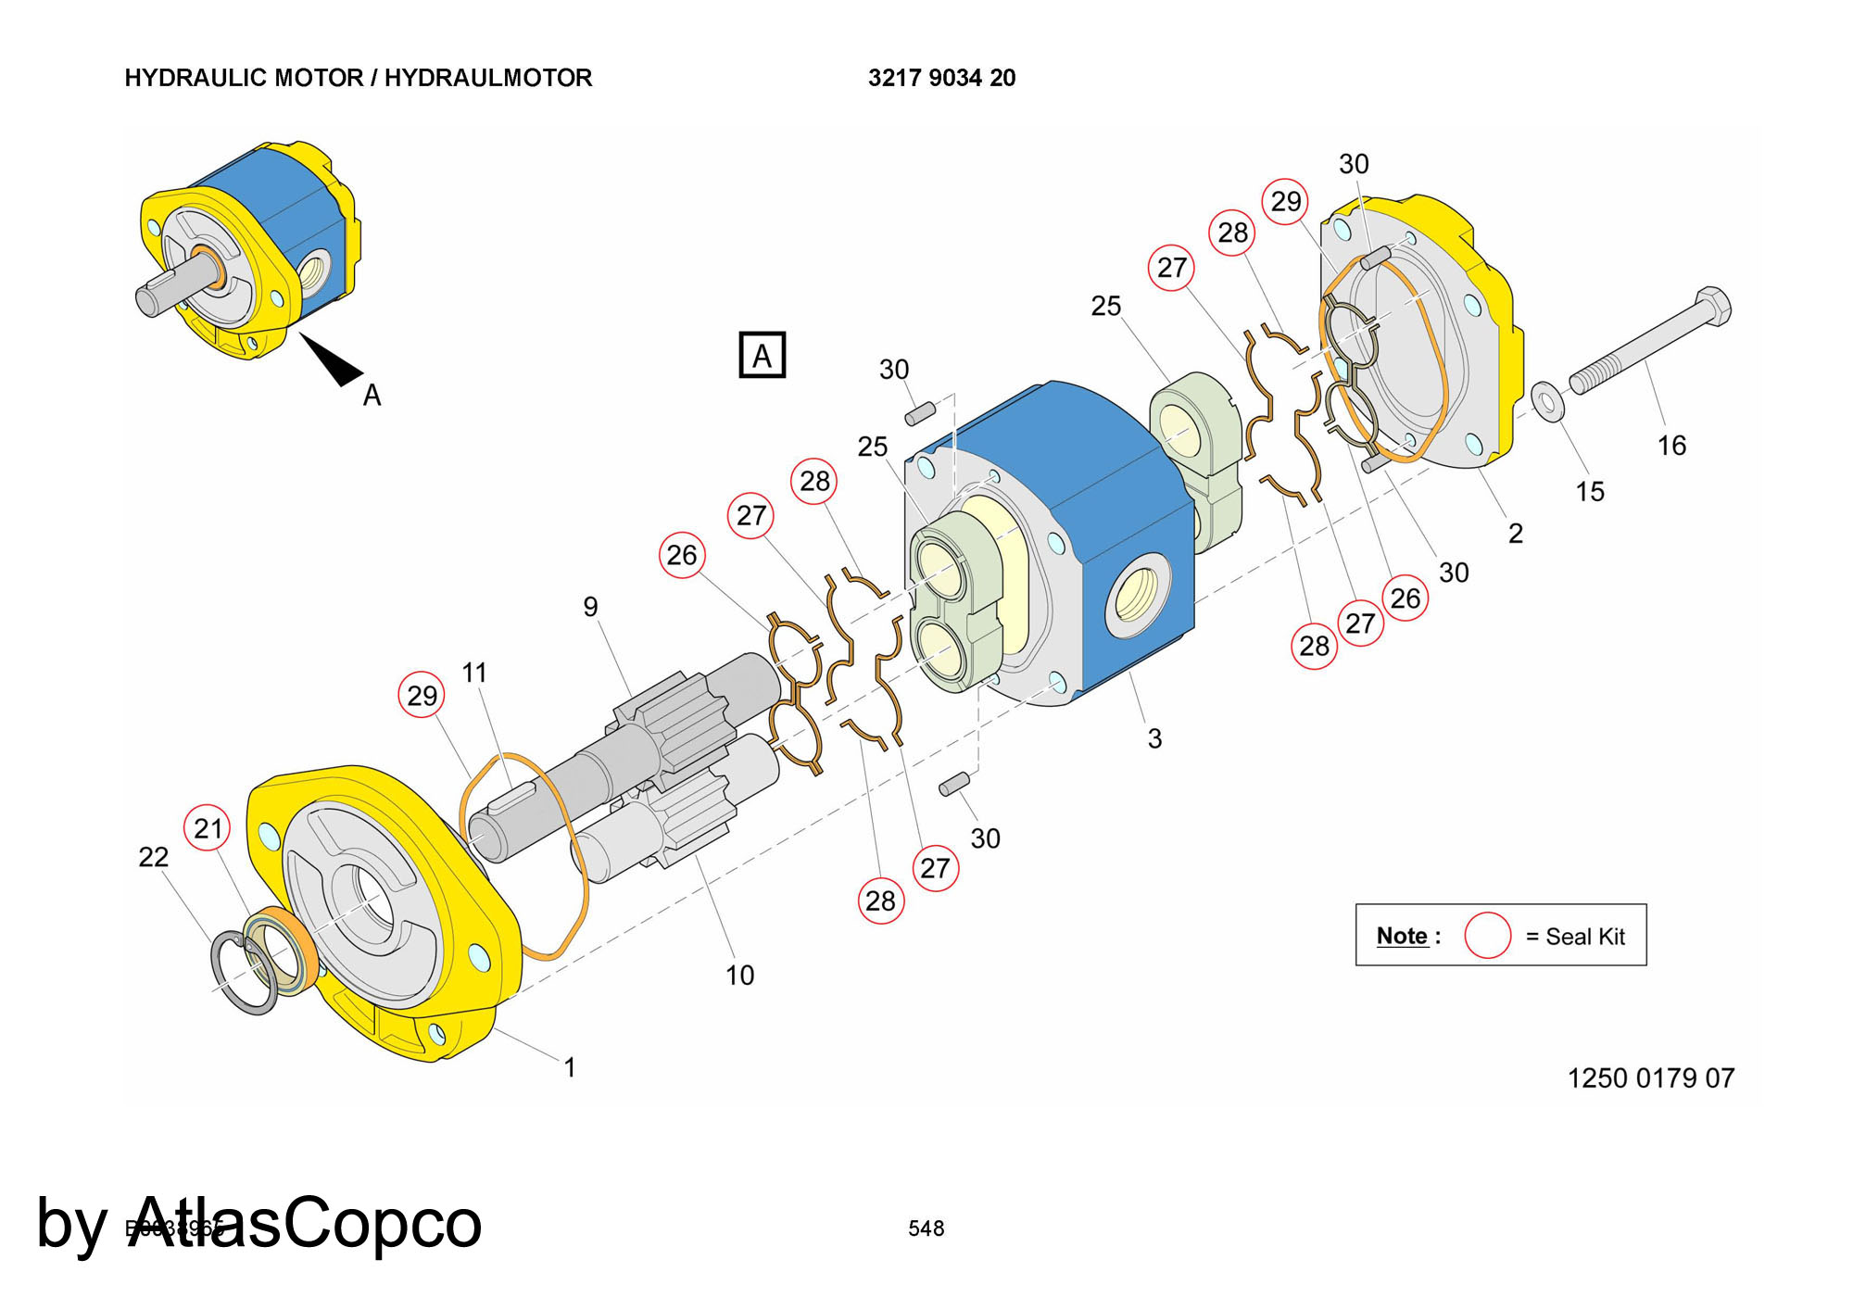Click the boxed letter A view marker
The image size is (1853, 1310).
[x=762, y=356]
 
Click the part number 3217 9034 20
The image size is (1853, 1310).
[x=941, y=78]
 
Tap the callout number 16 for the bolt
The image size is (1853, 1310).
[x=1671, y=446]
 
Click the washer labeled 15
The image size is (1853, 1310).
[x=1546, y=400]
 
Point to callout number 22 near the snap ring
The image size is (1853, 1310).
[x=154, y=857]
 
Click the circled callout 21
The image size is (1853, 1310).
[x=208, y=828]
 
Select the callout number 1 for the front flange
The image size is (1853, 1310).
[x=570, y=1067]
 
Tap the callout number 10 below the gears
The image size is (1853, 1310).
[x=739, y=975]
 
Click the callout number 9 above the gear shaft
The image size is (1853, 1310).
[x=590, y=607]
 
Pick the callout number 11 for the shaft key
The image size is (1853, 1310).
[x=474, y=673]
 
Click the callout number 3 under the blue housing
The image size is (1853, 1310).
[x=1154, y=738]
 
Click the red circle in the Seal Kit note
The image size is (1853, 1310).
[x=1487, y=936]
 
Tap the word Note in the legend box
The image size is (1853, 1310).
[x=1402, y=936]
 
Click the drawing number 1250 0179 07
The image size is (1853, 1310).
[x=1650, y=1078]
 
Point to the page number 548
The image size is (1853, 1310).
[x=926, y=1228]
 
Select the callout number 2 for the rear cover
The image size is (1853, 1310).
[x=1515, y=534]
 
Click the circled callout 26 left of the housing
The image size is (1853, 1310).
[x=682, y=555]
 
